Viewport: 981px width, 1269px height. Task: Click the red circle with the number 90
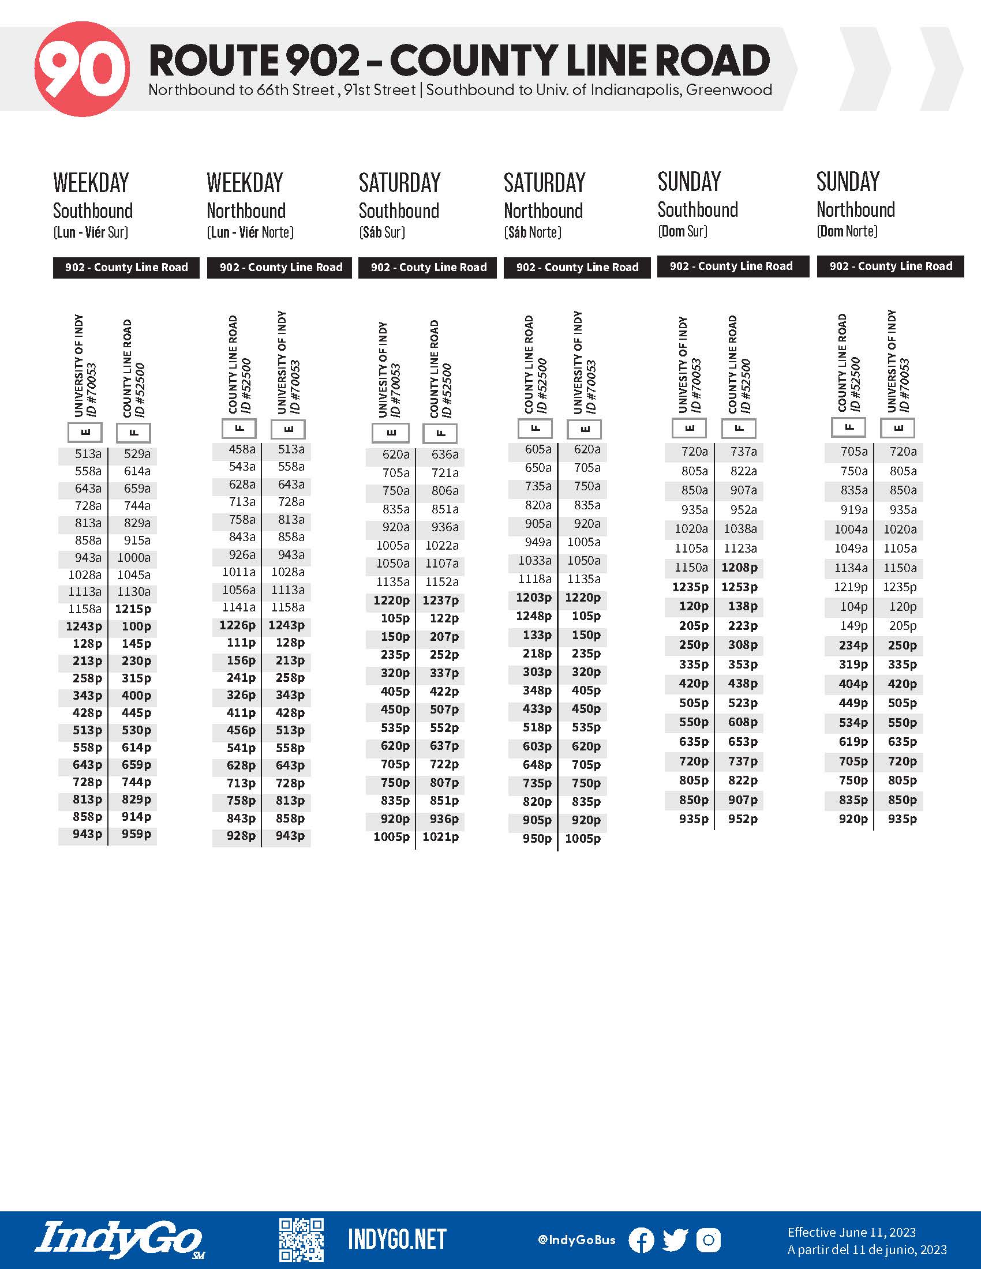pos(82,69)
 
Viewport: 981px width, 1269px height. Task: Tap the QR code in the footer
pos(301,1240)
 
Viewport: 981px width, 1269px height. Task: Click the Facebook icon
pos(641,1240)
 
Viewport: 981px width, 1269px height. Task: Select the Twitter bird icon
pos(675,1240)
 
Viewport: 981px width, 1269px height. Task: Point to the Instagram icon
pos(709,1240)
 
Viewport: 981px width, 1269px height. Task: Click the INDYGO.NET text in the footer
pos(397,1240)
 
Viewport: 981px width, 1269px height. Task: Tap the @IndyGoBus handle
pos(576,1240)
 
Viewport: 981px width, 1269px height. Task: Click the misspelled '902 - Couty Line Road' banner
pos(428,267)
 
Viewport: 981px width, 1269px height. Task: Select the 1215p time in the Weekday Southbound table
pos(133,609)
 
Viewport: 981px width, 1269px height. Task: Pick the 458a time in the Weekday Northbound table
pos(242,449)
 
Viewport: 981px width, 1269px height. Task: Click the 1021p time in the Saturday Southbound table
pos(440,837)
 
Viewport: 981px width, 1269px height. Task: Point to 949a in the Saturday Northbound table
pos(538,542)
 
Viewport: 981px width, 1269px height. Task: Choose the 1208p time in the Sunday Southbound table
pos(739,568)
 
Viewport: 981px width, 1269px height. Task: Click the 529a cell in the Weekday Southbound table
pos(137,454)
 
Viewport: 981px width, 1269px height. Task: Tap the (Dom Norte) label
pos(847,231)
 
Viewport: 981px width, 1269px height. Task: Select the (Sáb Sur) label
pos(382,232)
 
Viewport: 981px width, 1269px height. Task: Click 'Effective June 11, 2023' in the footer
pos(851,1232)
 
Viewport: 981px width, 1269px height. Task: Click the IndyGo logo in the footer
pos(119,1240)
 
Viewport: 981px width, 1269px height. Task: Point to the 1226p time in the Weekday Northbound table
pos(237,625)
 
